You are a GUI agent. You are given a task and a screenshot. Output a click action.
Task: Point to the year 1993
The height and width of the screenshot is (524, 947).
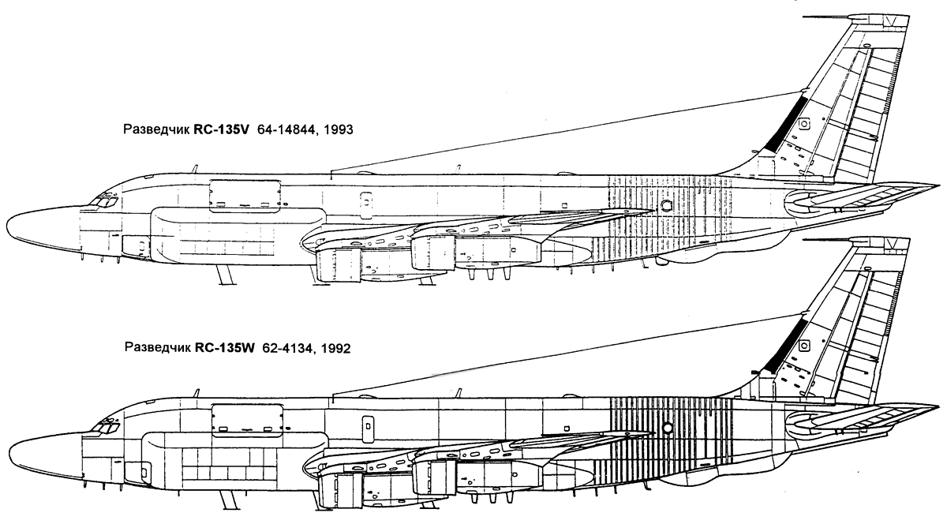pyautogui.click(x=338, y=129)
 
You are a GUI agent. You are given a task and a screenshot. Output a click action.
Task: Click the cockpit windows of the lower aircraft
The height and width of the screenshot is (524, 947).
pyautogui.click(x=105, y=426)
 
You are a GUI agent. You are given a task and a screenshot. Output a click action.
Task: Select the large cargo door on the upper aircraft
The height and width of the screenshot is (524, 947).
pyautogui.click(x=245, y=196)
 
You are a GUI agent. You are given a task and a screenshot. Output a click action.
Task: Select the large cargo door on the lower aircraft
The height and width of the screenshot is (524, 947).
pyautogui.click(x=247, y=419)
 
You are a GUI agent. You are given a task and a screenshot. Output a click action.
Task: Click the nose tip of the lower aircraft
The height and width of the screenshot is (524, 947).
pyautogui.click(x=9, y=452)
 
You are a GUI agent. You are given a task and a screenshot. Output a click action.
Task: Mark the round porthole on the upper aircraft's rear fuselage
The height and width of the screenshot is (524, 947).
pyautogui.click(x=666, y=205)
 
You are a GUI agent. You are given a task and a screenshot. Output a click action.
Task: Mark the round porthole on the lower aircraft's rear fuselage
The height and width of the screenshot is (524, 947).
pyautogui.click(x=668, y=428)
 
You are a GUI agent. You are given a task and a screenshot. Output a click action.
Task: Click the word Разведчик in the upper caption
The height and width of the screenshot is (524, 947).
pyautogui.click(x=156, y=129)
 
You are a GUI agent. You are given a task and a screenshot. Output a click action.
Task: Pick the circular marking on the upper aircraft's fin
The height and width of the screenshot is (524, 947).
pyautogui.click(x=803, y=124)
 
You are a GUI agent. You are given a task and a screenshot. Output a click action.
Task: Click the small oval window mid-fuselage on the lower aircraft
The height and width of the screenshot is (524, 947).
pyautogui.click(x=368, y=425)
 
